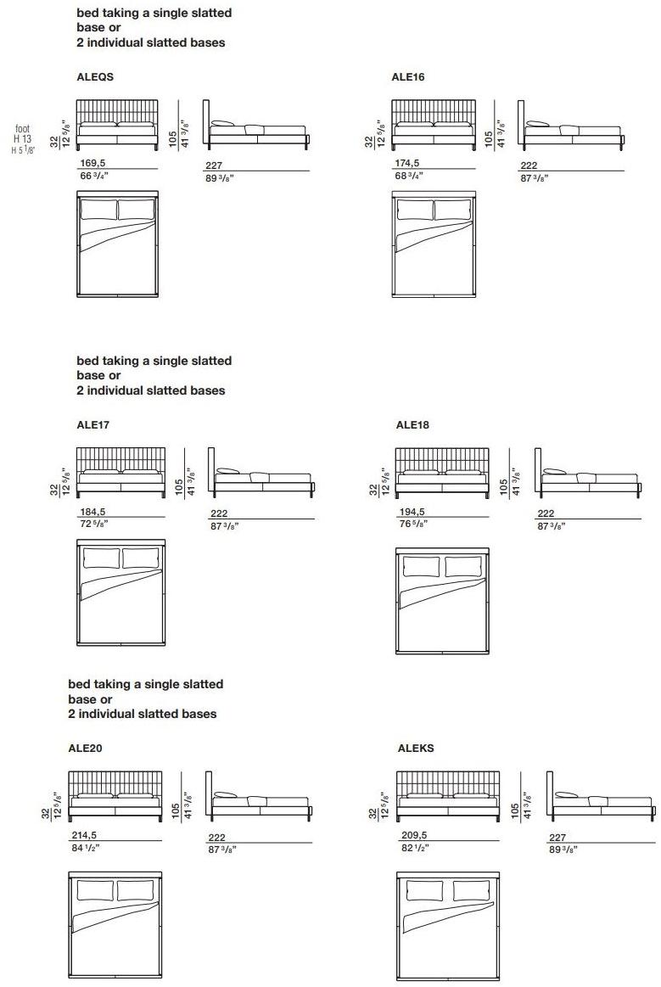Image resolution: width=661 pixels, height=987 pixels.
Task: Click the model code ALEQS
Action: [x=95, y=77]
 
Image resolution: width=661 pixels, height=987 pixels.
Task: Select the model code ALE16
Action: [x=408, y=77]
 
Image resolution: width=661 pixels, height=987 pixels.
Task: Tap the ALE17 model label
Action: [x=94, y=425]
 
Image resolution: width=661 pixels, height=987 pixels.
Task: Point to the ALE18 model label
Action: [x=412, y=425]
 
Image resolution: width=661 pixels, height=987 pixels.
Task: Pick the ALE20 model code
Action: [x=86, y=749]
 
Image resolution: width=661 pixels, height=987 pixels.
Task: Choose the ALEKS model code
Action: [x=416, y=749]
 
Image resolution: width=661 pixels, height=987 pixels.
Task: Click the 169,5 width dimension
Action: [x=92, y=164]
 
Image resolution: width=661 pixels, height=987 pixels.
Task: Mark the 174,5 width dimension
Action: [x=406, y=164]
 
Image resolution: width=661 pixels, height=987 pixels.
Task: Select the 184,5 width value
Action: [x=92, y=512]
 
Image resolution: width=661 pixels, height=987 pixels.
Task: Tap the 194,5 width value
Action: [x=412, y=513]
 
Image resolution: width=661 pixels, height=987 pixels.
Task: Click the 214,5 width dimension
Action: [x=84, y=836]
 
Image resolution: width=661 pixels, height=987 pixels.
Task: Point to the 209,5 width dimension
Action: [x=414, y=836]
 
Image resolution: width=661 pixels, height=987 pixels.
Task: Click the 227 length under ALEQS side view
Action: [x=214, y=166]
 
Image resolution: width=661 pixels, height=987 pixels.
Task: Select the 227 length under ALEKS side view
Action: [x=558, y=837]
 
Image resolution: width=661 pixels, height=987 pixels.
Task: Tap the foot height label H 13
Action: [x=23, y=139]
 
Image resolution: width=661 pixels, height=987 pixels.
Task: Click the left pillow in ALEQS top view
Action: [x=98, y=210]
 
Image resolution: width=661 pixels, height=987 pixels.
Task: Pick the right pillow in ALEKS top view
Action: [x=469, y=891]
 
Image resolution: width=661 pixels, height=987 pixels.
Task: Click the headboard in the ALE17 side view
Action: [x=211, y=467]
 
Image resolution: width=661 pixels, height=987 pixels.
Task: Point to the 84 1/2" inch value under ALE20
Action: [x=85, y=847]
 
